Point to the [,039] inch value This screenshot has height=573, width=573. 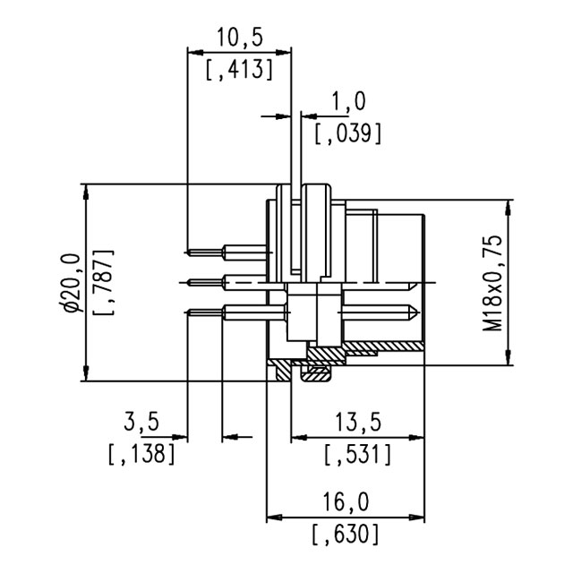click(x=349, y=133)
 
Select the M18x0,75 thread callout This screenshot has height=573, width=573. click(x=492, y=283)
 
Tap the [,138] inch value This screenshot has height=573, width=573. click(x=141, y=453)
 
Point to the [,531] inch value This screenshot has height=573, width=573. click(x=357, y=453)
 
